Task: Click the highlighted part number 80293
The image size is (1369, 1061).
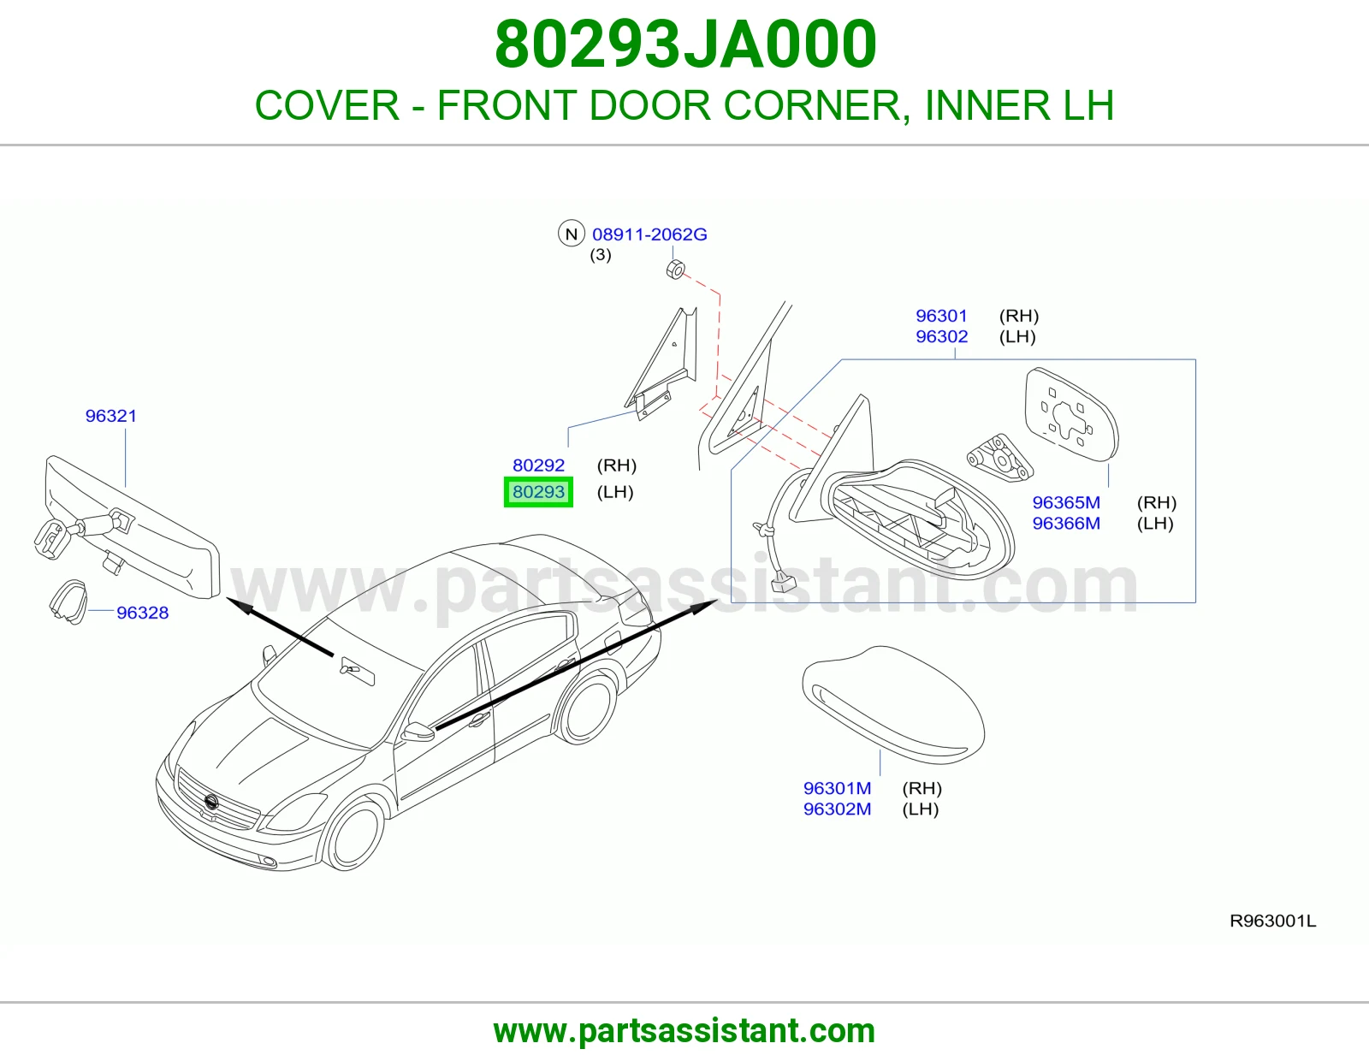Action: (538, 492)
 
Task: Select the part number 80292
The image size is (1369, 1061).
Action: (538, 465)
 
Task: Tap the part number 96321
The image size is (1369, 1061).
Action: (111, 416)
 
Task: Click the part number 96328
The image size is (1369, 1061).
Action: (142, 613)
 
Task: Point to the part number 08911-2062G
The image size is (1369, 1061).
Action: (649, 234)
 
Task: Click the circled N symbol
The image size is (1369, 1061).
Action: (571, 234)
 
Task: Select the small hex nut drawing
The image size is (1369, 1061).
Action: (675, 270)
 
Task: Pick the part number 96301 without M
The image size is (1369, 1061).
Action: (941, 316)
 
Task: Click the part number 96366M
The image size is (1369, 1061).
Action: (1066, 524)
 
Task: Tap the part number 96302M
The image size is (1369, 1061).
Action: (837, 809)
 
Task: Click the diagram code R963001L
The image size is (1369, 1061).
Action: (1272, 922)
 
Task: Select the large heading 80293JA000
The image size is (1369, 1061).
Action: (685, 44)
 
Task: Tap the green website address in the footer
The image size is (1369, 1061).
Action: (684, 1031)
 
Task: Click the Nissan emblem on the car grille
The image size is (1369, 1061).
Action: (211, 802)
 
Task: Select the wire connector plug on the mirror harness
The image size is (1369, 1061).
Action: (781, 584)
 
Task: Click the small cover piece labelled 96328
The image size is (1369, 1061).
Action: (68, 602)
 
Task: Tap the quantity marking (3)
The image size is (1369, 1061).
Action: (601, 255)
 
